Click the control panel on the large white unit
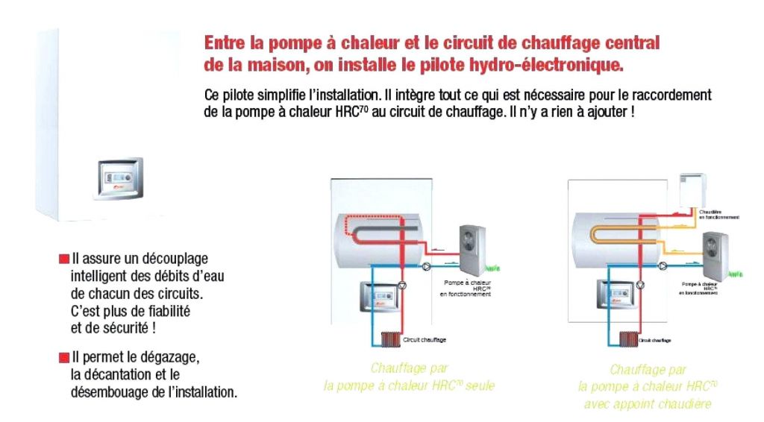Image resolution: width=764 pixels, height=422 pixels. point(118,179)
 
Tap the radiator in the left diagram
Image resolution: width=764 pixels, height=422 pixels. point(389,340)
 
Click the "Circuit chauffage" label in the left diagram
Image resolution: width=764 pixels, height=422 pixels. point(425,340)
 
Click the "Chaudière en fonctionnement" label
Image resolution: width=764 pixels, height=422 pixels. point(719,215)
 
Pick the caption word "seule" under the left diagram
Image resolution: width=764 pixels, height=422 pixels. point(480,385)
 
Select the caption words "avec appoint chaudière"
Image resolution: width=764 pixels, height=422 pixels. point(647,404)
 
